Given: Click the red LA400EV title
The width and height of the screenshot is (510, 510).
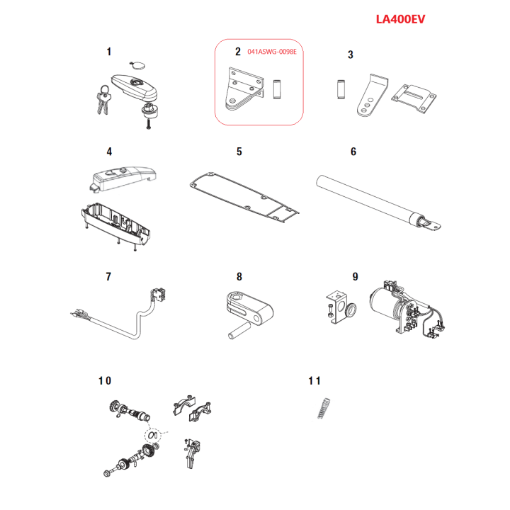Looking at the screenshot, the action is tap(400, 19).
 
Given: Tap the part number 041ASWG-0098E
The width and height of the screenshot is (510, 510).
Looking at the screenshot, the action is tap(272, 52).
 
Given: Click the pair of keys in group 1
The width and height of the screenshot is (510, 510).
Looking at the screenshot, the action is tap(103, 100).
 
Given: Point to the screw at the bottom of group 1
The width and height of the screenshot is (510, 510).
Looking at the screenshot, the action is tap(149, 124).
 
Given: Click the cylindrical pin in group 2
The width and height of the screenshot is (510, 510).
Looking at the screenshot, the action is tap(277, 89).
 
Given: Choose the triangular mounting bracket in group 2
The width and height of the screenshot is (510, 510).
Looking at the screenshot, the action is tap(244, 89).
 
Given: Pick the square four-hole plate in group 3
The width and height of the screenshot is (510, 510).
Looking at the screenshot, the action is tap(414, 99).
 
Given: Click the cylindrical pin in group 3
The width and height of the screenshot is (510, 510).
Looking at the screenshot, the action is tap(341, 89).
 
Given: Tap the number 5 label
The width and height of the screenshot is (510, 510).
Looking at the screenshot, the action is tap(239, 152).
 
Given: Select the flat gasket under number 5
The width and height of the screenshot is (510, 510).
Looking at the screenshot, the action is tap(244, 196).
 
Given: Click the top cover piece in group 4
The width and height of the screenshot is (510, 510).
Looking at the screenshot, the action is tap(123, 178).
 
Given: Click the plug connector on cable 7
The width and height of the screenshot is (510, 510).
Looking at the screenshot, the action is tap(159, 295).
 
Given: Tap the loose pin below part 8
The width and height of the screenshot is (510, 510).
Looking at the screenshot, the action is tap(239, 331).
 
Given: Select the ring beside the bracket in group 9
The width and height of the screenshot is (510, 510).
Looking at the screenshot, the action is tap(351, 310).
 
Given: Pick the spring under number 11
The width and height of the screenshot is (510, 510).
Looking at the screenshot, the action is tap(324, 408).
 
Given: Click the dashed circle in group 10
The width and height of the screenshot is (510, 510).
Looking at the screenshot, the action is tap(153, 435).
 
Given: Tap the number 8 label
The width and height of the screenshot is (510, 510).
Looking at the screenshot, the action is tap(239, 277).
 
